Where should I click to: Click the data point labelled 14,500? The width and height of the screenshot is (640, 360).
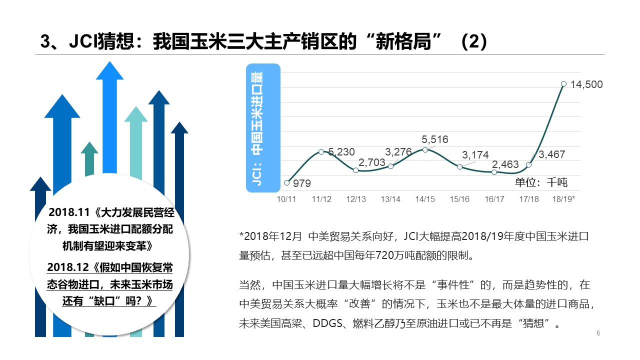coord(563,84)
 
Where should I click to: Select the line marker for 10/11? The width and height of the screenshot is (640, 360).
coord(286,182)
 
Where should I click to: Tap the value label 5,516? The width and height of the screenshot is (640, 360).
coord(434,139)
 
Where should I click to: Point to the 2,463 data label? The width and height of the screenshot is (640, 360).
coord(505,164)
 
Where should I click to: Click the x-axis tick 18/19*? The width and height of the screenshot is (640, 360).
coord(563,199)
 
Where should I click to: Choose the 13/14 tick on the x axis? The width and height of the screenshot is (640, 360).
coord(390,199)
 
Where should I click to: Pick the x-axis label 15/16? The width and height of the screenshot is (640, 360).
coord(459,199)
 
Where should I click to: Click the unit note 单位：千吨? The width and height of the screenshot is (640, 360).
coord(541,182)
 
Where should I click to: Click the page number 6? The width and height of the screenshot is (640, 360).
coord(598,333)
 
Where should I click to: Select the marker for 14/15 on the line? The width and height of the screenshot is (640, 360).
coord(425,149)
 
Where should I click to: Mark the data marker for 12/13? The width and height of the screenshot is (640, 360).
coord(356,170)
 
